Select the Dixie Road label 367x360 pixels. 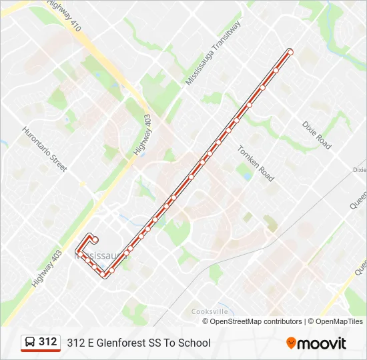316,135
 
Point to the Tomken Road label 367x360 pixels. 256,164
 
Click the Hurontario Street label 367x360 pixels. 45,149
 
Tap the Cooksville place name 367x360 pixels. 210,311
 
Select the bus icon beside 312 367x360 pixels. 30,343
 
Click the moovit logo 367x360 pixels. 316,343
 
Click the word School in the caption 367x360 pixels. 194,343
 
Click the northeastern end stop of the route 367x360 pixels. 290,51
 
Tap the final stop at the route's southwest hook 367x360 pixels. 96,239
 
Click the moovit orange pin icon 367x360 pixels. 291,343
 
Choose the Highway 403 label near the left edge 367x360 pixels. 47,269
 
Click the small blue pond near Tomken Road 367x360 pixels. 244,175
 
